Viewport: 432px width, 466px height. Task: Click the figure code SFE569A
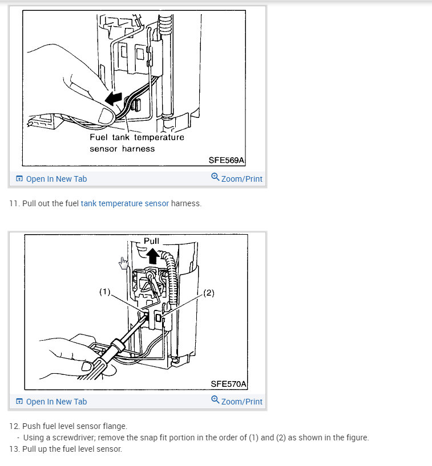[x=226, y=160]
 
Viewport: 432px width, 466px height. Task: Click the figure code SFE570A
[x=228, y=384]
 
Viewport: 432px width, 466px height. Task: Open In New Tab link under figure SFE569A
[x=51, y=179]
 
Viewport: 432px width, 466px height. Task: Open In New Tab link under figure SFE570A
[x=51, y=402]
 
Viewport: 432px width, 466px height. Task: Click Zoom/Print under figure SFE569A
[x=237, y=178]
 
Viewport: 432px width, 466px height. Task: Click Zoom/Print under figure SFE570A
[x=237, y=401]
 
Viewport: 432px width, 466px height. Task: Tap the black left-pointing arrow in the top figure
[x=114, y=99]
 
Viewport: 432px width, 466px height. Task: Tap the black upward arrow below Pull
[x=153, y=256]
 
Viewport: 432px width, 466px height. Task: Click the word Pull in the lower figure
[x=151, y=241]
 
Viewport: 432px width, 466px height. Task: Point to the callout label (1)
[x=105, y=292]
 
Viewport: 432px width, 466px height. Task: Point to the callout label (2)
[x=209, y=293]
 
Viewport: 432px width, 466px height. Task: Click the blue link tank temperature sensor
[x=125, y=203]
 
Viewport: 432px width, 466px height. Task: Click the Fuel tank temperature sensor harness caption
[x=137, y=143]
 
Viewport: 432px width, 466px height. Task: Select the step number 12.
[x=15, y=426]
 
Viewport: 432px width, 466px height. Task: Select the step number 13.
[x=15, y=449]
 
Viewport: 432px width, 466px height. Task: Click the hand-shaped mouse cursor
[x=123, y=263]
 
